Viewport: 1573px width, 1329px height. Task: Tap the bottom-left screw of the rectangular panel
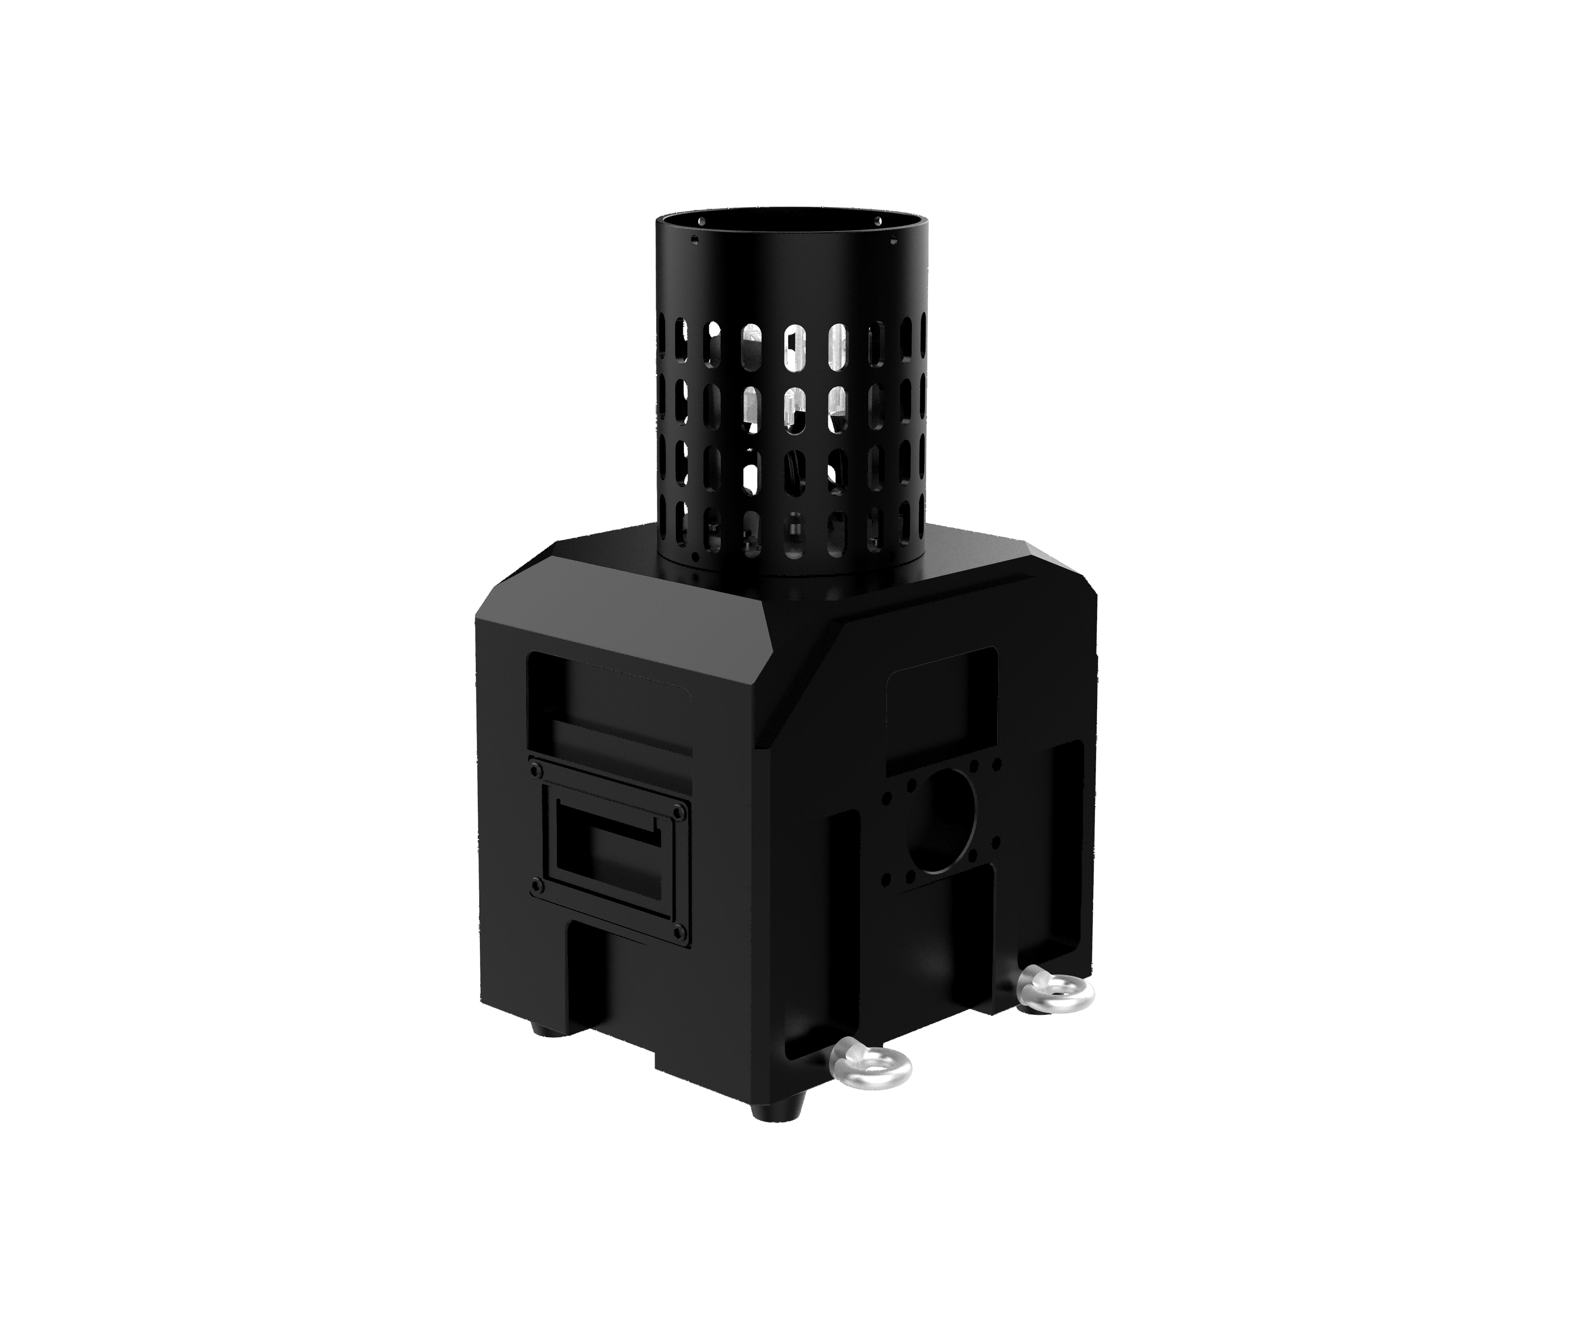(x=536, y=882)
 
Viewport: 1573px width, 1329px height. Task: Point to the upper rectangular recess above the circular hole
(x=943, y=713)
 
